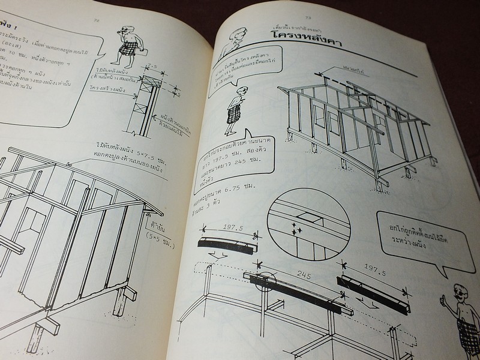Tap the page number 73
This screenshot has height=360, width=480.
[x=307, y=17]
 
